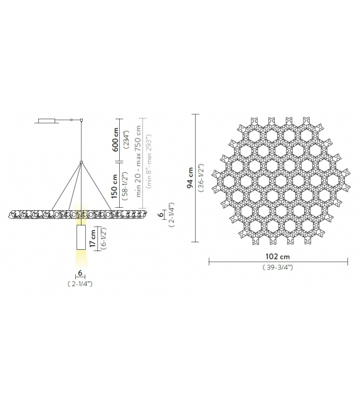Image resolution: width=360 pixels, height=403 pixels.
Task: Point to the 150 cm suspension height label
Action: (x=115, y=187)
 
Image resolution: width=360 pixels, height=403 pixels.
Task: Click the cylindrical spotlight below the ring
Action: (x=80, y=238)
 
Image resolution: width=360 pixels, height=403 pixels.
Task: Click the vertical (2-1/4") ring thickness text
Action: (x=170, y=215)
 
